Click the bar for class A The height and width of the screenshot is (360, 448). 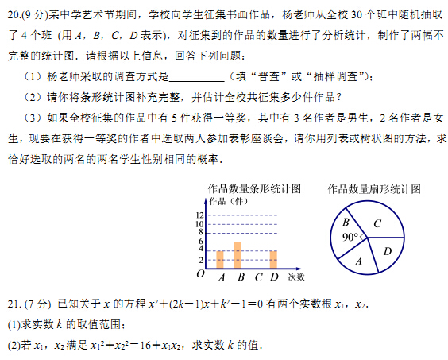coord(220,259)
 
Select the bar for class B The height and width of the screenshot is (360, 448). coord(238,255)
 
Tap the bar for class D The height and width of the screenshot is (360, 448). coord(273,259)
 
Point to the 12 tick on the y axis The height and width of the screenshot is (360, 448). coord(199,215)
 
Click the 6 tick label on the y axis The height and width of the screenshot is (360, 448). coord(201,242)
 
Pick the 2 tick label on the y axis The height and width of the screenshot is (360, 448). coord(201,259)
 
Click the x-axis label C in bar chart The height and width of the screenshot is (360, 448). coord(258,277)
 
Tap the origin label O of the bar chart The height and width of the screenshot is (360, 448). coord(200,274)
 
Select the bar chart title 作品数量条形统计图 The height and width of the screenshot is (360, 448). coord(253,189)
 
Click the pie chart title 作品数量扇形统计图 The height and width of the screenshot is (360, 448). coord(373,189)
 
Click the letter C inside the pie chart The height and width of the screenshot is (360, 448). coord(377,223)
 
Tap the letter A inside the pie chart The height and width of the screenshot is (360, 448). coord(359,260)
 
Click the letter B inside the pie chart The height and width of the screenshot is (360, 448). coord(346,223)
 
